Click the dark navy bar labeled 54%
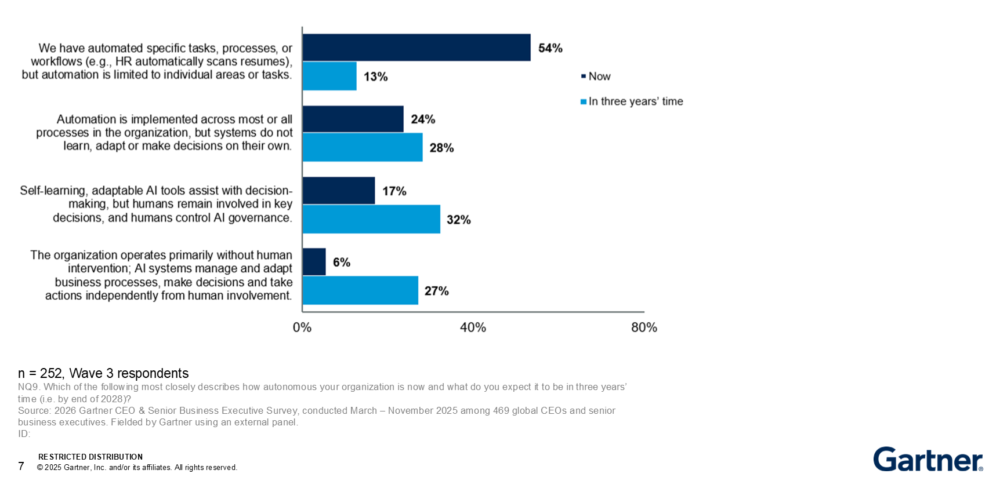coord(416,48)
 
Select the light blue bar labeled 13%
coord(329,76)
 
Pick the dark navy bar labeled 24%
coord(353,119)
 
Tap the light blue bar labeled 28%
coord(363,147)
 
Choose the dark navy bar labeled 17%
coord(339,191)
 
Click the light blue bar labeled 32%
coord(371,219)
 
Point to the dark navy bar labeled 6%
coord(314,262)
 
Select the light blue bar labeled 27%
coord(360,290)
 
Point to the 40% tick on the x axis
coord(473,327)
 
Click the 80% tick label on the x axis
coord(644,327)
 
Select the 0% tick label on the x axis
coord(302,327)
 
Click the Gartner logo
coord(928,459)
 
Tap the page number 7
coord(21,466)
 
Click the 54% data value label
coord(550,48)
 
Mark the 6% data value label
coord(342,263)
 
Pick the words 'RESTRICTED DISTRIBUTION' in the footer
coord(90,457)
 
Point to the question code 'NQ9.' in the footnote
coord(29,387)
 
